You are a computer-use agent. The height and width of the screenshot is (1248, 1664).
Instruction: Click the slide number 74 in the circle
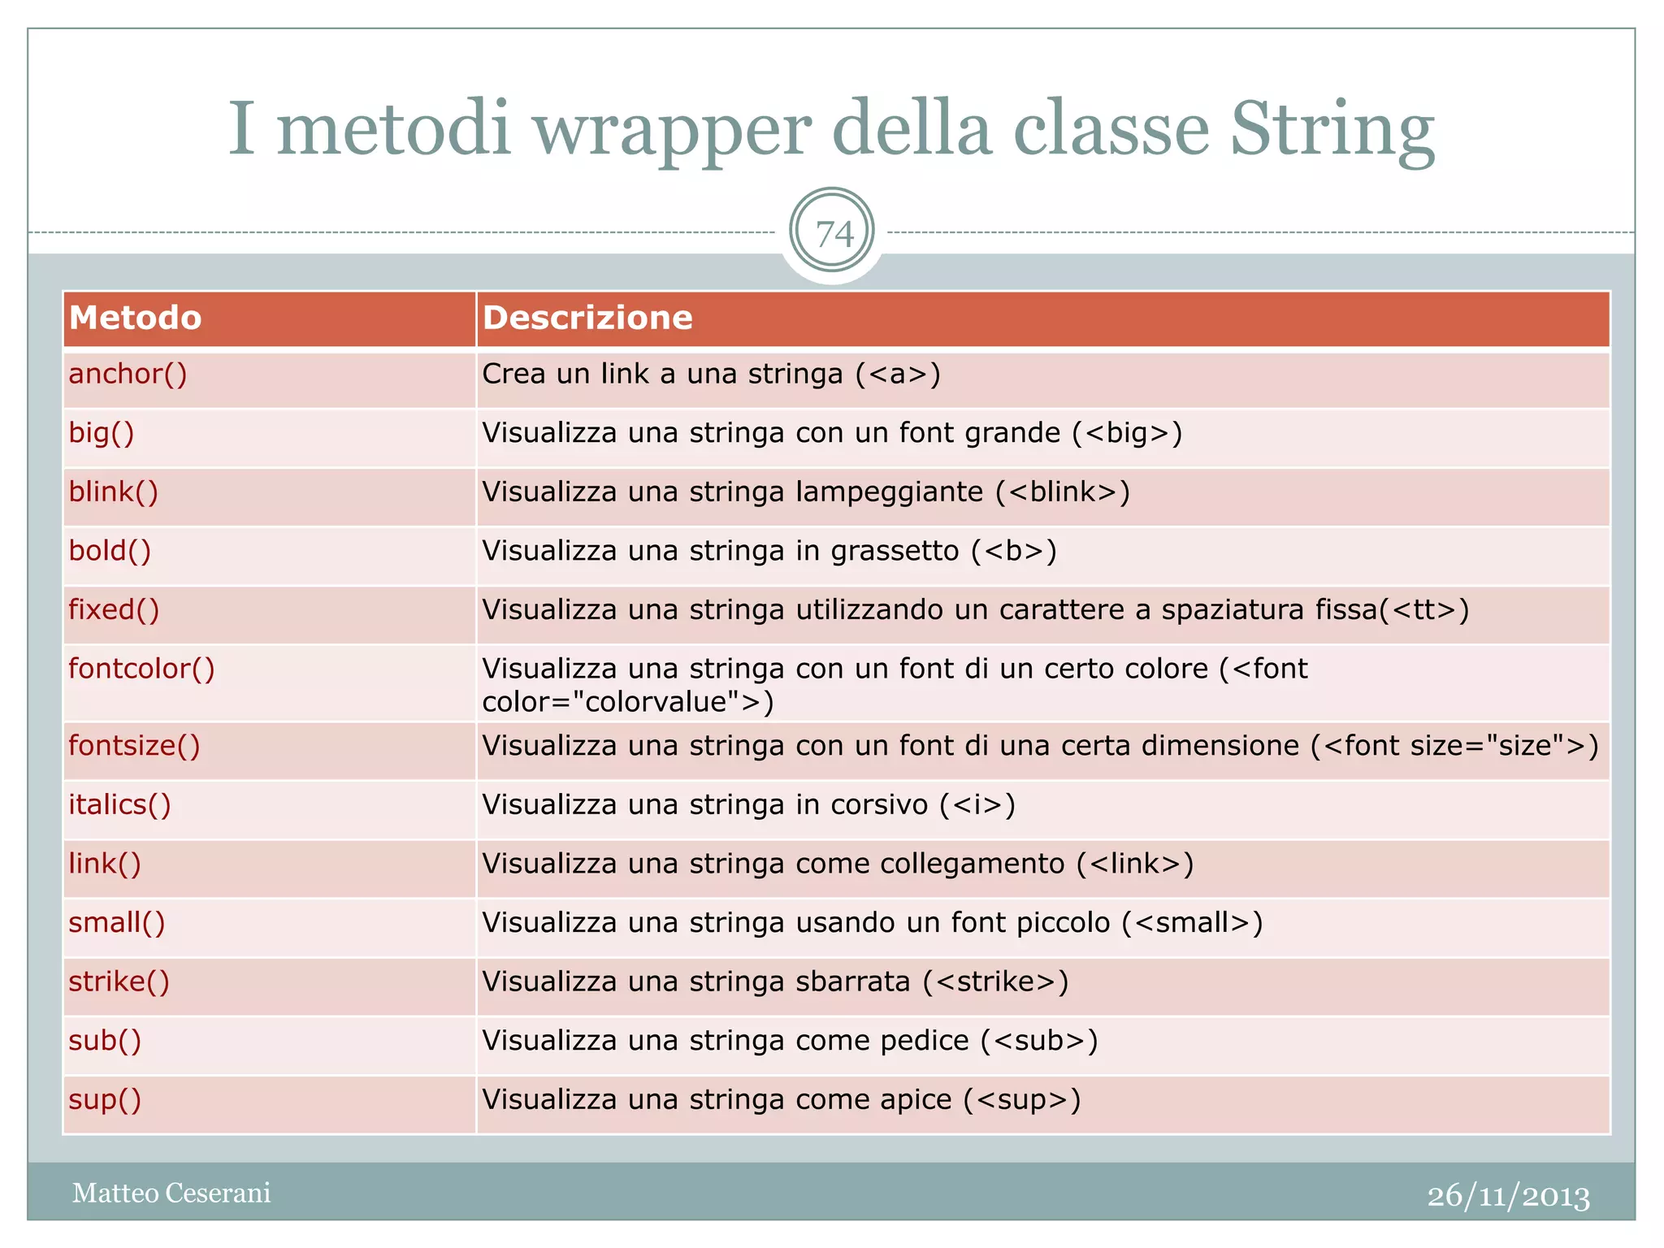(x=833, y=234)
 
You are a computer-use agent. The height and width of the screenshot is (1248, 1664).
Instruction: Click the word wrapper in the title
(x=672, y=130)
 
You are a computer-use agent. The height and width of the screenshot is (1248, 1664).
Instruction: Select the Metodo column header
(x=135, y=318)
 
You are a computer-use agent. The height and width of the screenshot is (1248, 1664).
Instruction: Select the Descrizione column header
(x=587, y=318)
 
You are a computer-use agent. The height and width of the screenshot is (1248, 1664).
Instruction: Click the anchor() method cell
(x=128, y=374)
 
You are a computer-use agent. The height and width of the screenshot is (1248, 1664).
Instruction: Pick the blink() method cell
(x=113, y=492)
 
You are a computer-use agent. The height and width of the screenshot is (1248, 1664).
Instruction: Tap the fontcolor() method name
(x=141, y=669)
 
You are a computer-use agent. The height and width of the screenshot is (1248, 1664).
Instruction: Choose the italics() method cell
(x=119, y=804)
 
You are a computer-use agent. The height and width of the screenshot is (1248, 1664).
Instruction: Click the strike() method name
(x=119, y=981)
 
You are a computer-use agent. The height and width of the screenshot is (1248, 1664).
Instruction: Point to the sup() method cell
(x=105, y=1099)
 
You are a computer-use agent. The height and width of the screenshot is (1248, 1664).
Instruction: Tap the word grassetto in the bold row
(x=895, y=551)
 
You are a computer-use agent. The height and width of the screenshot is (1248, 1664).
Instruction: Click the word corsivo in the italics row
(x=878, y=804)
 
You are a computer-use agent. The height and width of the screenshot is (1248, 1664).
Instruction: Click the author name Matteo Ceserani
(x=171, y=1193)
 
